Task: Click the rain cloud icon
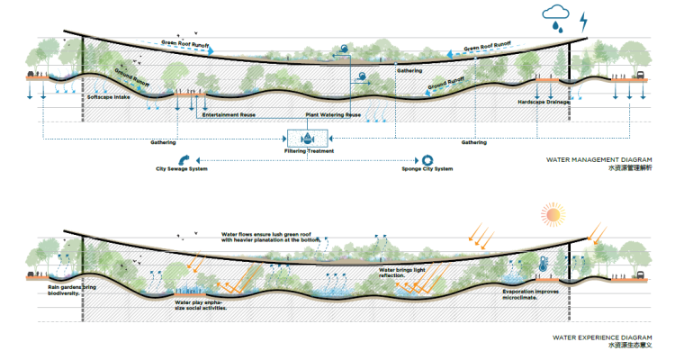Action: point(555,16)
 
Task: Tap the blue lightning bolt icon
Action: point(584,20)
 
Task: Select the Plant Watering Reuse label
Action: point(334,115)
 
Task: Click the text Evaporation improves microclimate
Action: point(530,294)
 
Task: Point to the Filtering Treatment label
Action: point(309,151)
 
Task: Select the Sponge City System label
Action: point(426,169)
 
